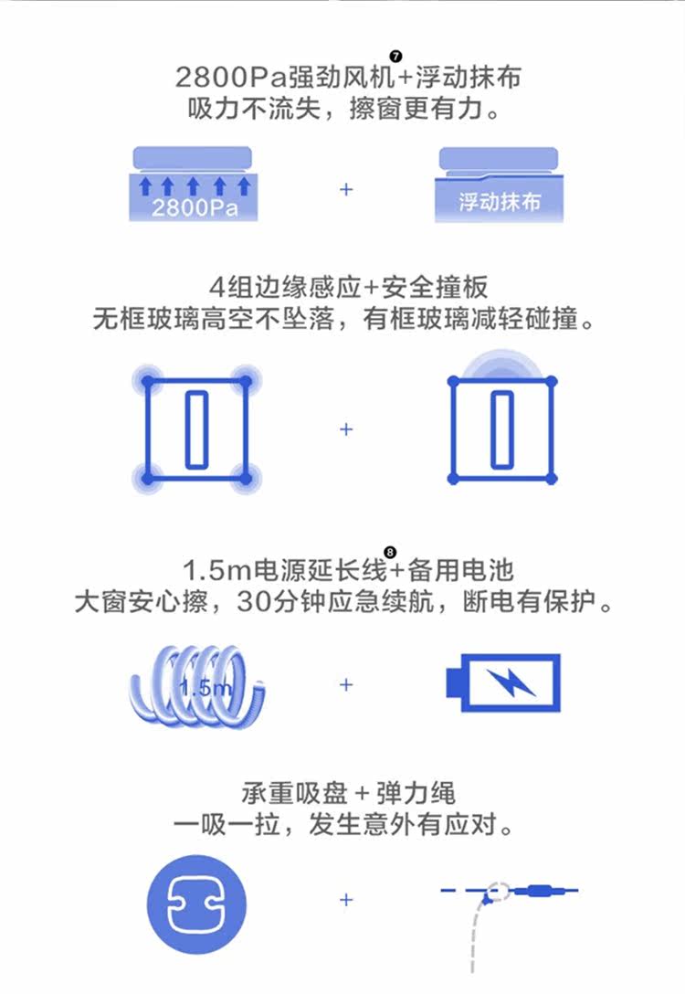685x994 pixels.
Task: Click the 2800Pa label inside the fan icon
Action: [x=194, y=207]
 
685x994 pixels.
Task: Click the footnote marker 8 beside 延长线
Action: [x=391, y=552]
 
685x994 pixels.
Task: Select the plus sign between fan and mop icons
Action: [x=346, y=190]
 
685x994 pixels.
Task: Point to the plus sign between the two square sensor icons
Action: [x=346, y=428]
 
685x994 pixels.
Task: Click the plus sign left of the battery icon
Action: [x=346, y=684]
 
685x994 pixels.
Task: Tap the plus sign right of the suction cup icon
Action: [x=346, y=900]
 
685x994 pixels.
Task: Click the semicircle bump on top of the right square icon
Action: [x=502, y=364]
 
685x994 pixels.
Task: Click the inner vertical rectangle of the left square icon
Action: [x=195, y=428]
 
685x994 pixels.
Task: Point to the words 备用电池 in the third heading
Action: [x=460, y=572]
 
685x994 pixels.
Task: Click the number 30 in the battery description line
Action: [x=250, y=603]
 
